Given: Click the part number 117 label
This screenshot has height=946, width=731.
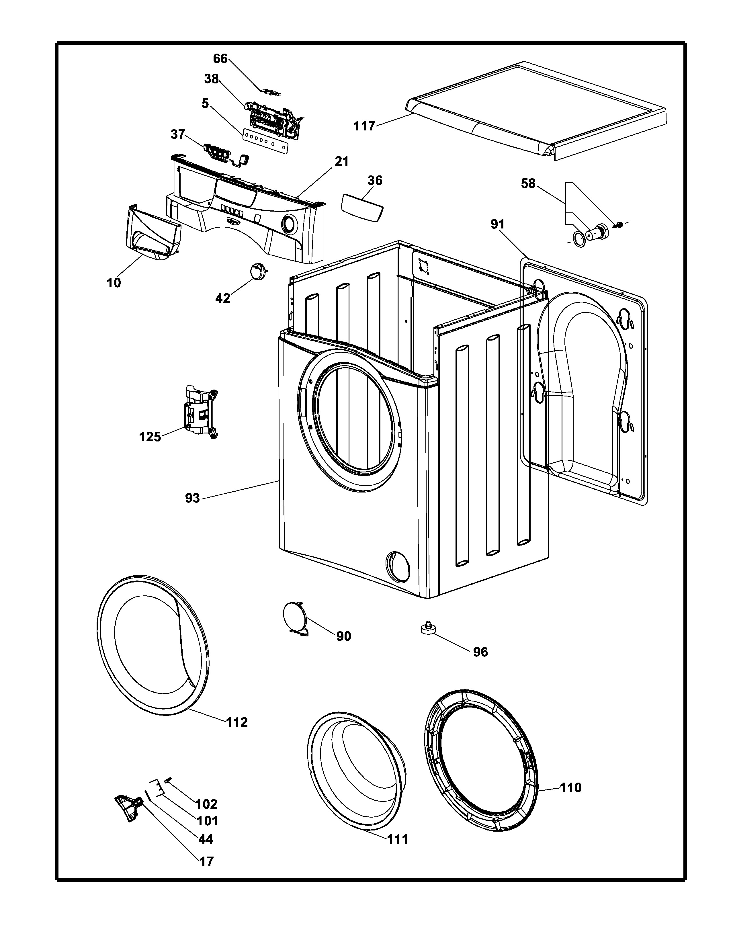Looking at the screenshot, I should click(364, 126).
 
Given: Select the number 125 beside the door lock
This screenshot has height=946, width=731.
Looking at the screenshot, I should click(150, 437).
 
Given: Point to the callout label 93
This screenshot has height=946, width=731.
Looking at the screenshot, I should click(193, 498).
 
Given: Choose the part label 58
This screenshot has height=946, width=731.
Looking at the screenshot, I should click(528, 184).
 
